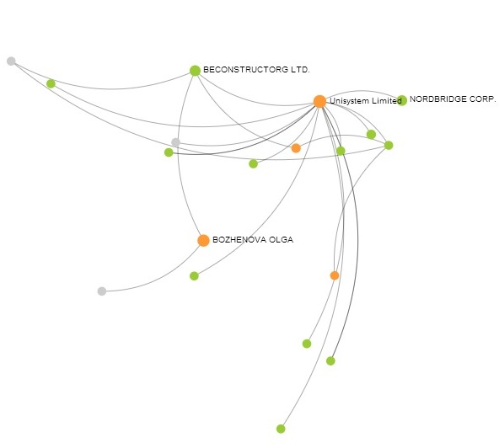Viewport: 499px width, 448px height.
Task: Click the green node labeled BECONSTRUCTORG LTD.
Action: point(195,71)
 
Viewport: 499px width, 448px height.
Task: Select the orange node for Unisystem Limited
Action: point(319,101)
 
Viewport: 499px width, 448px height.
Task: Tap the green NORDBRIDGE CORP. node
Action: point(402,100)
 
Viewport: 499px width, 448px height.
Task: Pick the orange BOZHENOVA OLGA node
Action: point(203,241)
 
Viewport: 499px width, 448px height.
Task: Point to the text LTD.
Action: point(300,70)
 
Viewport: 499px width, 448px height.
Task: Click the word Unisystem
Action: point(345,101)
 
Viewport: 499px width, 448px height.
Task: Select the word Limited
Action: point(381,101)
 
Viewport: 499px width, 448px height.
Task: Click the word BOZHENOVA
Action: point(239,240)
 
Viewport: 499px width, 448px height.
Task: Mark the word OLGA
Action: point(281,240)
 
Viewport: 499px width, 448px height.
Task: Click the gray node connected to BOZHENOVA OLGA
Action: point(102,291)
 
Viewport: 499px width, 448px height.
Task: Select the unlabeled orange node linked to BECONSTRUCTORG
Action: point(296,148)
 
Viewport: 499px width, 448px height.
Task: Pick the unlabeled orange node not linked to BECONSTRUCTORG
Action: point(335,275)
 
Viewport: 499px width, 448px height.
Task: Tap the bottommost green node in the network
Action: point(281,429)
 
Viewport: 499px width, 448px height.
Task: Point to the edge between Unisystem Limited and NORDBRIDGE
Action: point(362,91)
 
